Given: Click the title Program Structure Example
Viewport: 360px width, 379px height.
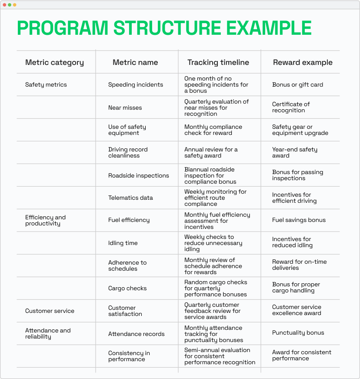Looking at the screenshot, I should click(164, 28).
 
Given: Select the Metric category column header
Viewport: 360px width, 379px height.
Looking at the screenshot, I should click(54, 62).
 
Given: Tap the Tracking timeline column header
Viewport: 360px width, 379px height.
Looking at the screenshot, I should click(218, 62).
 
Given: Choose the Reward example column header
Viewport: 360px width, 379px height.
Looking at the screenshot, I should click(303, 62).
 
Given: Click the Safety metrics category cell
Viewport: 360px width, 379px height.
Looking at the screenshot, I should click(46, 84).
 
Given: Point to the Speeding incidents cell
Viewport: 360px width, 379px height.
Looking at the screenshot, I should click(136, 84).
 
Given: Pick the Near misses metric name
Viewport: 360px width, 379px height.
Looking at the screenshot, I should click(125, 107).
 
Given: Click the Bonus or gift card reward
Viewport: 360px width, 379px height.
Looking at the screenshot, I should click(297, 84).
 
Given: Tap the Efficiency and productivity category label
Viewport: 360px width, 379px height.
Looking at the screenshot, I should click(45, 220).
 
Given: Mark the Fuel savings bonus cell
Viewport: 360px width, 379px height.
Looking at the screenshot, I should click(299, 220).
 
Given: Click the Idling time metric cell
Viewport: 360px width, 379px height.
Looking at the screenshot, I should click(123, 243).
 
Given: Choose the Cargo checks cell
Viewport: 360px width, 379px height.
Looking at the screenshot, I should click(127, 288).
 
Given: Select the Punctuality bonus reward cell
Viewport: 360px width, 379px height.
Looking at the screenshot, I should click(298, 332).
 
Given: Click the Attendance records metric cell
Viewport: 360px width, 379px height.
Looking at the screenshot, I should click(136, 334).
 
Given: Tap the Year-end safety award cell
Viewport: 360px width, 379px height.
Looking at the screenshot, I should click(295, 152).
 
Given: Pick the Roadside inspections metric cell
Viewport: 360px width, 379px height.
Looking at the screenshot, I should click(139, 175).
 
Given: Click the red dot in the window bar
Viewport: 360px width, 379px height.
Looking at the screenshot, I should click(4, 5).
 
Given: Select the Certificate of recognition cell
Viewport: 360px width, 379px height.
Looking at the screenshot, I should click(291, 107).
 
